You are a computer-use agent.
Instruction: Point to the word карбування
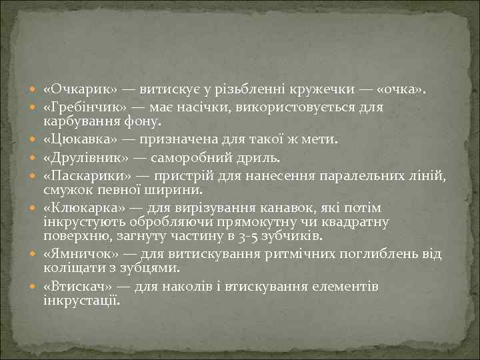click(x=77, y=121)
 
